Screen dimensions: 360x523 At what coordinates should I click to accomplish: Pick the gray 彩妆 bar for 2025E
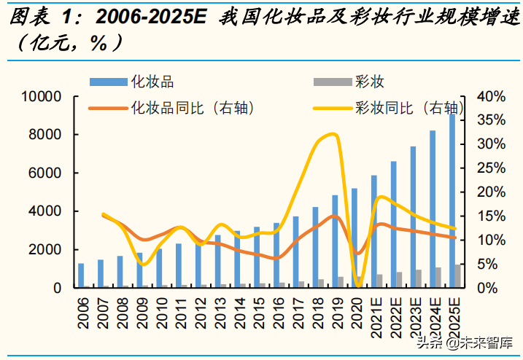(x=459, y=276)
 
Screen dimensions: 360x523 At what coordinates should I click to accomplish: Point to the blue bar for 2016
(x=276, y=255)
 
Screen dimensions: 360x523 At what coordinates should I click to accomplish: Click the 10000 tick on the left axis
(x=47, y=97)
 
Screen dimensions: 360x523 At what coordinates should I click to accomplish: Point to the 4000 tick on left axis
(x=50, y=211)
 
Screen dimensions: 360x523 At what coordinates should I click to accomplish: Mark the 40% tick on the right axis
(x=490, y=97)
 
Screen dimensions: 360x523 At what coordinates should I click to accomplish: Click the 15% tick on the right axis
(x=490, y=216)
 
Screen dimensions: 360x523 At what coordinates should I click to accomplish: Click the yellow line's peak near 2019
(x=332, y=133)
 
